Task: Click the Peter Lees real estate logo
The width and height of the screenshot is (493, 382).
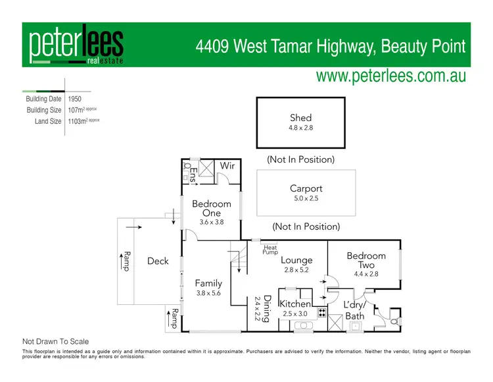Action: click(76, 46)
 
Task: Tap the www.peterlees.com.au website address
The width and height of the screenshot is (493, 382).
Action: click(390, 76)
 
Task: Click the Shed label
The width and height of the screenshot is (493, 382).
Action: click(300, 118)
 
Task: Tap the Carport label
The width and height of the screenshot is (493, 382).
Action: click(306, 188)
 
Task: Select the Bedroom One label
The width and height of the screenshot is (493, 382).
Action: click(212, 208)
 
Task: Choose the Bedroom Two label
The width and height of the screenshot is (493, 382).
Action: click(366, 260)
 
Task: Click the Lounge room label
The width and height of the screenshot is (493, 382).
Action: click(296, 260)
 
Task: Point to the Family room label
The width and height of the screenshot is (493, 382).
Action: click(208, 284)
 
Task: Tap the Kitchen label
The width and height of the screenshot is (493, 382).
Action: click(294, 304)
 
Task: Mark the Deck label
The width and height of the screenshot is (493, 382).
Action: click(158, 261)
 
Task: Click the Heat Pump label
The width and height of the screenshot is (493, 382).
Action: click(270, 249)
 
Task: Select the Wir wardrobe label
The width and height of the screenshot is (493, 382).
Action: click(227, 166)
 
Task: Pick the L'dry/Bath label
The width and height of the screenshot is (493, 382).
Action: click(355, 310)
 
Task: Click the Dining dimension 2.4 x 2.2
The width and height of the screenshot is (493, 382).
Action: click(258, 308)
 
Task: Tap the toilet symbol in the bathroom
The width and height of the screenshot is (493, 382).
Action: click(394, 321)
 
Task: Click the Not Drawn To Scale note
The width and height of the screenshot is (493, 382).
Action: click(56, 342)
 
